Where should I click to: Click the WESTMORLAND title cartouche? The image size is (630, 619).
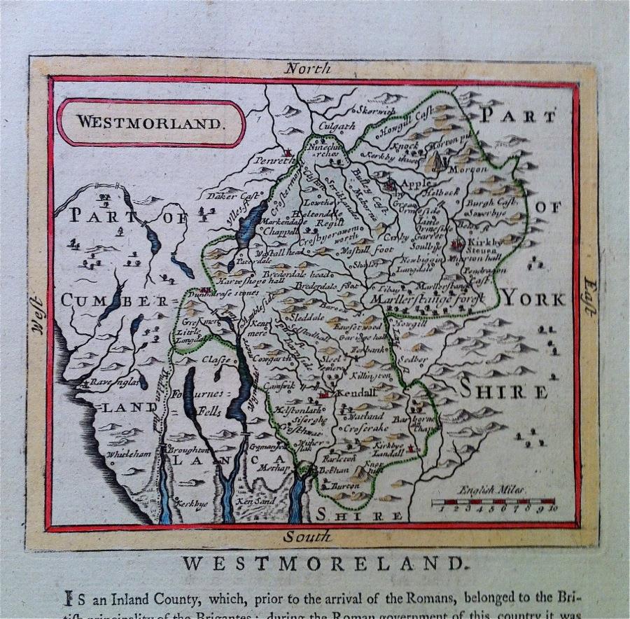pos(151,122)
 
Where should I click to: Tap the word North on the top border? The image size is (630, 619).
pos(308,69)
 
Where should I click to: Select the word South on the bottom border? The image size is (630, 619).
pos(307,537)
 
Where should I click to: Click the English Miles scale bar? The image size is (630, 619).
pos(493,502)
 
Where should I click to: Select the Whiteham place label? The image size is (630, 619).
pos(128,454)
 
